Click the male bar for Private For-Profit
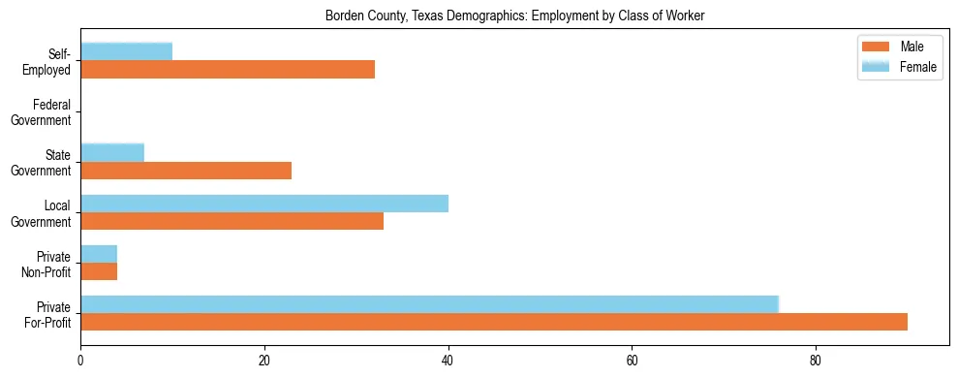click(494, 322)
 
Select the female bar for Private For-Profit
click(429, 303)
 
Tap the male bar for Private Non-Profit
click(99, 271)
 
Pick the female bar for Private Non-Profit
click(99, 253)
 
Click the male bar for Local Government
click(232, 221)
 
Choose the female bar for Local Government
click(264, 203)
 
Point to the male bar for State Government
click(186, 171)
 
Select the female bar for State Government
click(112, 152)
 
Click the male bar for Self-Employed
click(228, 70)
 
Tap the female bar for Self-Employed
click(127, 51)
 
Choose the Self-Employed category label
click(51, 62)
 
